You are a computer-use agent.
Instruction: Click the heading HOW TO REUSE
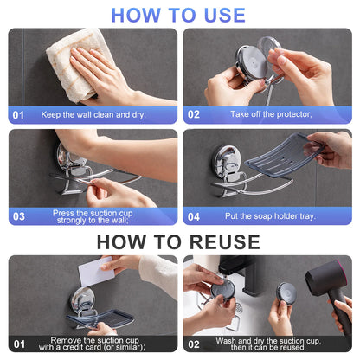(178, 241)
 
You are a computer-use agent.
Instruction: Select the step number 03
(18, 217)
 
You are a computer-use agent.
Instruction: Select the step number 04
(194, 217)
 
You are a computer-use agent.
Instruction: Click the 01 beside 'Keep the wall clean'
(18, 114)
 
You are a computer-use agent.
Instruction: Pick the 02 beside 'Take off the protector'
(194, 114)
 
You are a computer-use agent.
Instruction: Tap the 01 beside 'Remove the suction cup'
(18, 345)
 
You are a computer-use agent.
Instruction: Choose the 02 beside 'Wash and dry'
(194, 345)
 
